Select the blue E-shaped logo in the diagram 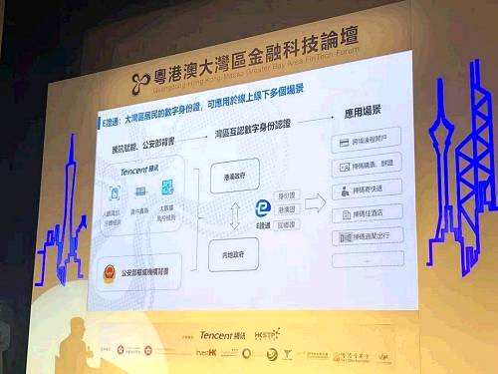tap(262, 206)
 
